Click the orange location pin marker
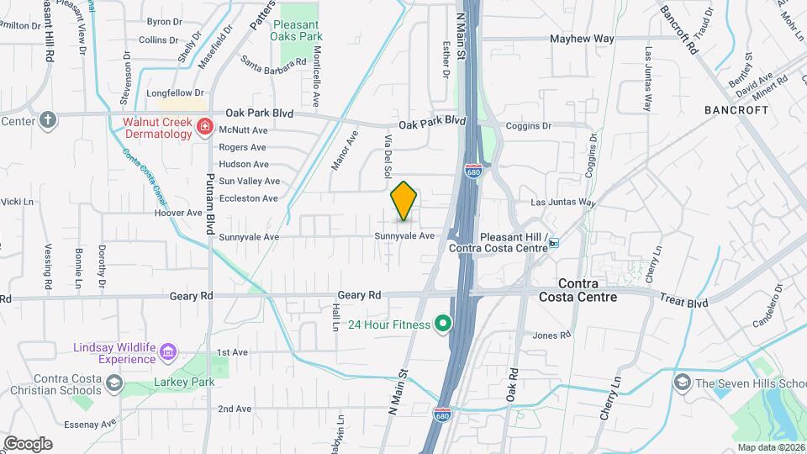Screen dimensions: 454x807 tap(404, 200)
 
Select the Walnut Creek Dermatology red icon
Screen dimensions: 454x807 tap(203, 127)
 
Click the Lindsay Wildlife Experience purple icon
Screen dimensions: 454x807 tap(168, 351)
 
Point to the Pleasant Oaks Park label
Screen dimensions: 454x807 tap(298, 30)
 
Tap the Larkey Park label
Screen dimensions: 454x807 tap(184, 382)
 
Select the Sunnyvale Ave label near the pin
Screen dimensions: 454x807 tap(404, 236)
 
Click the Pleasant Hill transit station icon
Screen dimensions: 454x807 tap(554, 244)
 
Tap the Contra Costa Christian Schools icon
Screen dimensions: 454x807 tap(113, 385)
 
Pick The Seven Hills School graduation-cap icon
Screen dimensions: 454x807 tap(682, 383)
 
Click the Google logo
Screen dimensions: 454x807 tap(28, 443)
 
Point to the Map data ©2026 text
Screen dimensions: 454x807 tap(768, 447)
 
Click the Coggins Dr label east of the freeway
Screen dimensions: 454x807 tap(528, 126)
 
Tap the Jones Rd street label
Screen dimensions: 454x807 tap(552, 335)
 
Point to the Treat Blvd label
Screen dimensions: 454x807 tap(683, 299)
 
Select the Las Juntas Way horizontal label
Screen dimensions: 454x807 tap(563, 203)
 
